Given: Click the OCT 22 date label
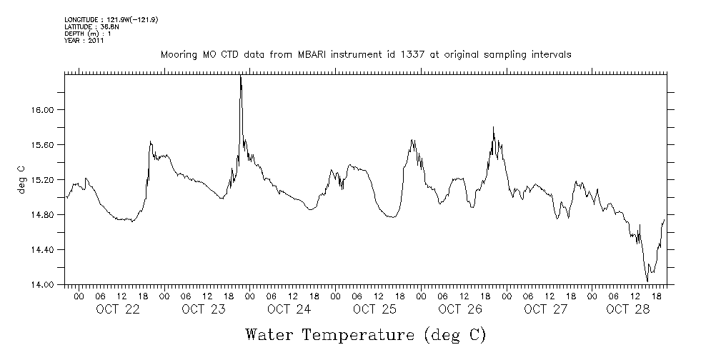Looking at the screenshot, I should click(x=117, y=309).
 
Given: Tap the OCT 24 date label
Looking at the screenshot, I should click(x=289, y=309).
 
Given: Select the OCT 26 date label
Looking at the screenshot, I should click(x=459, y=309).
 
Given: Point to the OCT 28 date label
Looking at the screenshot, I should click(x=627, y=309).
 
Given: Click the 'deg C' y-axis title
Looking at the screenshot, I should click(x=21, y=179).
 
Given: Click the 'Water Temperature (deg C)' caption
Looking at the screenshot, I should click(x=367, y=334).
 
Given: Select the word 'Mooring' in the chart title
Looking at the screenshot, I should click(x=176, y=54).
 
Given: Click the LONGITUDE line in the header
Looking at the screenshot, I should click(x=111, y=20).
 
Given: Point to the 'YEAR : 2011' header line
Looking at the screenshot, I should click(x=84, y=40).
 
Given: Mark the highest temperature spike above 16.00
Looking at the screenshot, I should click(x=241, y=77).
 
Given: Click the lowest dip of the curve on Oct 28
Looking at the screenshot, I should click(x=647, y=281).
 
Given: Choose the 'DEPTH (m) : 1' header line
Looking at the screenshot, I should click(x=88, y=34).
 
